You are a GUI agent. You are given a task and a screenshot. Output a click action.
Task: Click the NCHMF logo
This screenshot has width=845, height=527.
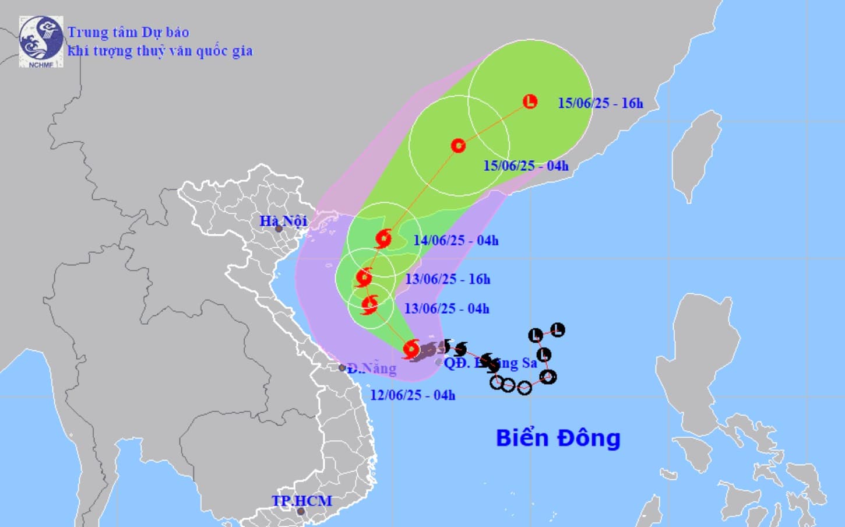pyautogui.click(x=40, y=41)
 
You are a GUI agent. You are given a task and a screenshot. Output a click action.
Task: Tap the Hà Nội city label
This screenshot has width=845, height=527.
pyautogui.click(x=283, y=221)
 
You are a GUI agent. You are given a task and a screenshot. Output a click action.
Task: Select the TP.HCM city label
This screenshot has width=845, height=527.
pyautogui.click(x=301, y=501)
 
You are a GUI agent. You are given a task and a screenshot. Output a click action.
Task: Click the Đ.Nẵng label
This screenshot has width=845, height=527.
pyautogui.click(x=372, y=368)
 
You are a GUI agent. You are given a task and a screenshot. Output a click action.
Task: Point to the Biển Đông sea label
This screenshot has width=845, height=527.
pyautogui.click(x=558, y=438)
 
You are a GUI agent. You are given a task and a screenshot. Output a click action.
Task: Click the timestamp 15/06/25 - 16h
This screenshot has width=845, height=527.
pyautogui.click(x=600, y=103)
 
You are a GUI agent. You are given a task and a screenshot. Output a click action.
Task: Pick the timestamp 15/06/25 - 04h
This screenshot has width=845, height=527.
pyautogui.click(x=526, y=166)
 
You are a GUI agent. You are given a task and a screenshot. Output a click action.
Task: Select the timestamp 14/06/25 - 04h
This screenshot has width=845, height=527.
pyautogui.click(x=456, y=240)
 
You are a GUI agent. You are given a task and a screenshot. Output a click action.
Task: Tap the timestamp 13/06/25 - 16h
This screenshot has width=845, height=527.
pyautogui.click(x=448, y=279)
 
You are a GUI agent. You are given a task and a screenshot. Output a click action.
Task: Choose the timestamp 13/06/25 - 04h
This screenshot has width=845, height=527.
pyautogui.click(x=446, y=308)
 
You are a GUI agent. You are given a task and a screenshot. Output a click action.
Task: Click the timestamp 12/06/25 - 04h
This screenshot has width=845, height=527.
pyautogui.click(x=413, y=395)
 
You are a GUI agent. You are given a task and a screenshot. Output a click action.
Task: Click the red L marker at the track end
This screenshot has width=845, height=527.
pyautogui.click(x=530, y=101)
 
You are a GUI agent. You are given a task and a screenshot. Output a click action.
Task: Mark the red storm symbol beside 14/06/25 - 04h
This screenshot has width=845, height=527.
pyautogui.click(x=383, y=238)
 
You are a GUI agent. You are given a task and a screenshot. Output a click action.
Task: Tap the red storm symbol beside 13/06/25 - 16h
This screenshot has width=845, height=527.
pyautogui.click(x=364, y=277)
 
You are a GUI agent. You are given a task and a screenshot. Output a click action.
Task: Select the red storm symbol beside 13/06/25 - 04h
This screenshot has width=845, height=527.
pyautogui.click(x=369, y=304)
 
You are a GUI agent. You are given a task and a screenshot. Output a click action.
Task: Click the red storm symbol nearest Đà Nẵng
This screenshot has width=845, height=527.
pyautogui.click(x=411, y=349)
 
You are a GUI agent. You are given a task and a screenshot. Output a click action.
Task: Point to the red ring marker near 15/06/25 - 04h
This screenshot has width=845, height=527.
pyautogui.click(x=458, y=145)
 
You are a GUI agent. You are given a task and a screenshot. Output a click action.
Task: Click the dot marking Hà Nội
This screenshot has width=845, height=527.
pyautogui.click(x=279, y=229)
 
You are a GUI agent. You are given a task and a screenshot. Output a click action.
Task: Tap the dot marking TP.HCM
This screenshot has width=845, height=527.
pyautogui.click(x=301, y=512)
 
